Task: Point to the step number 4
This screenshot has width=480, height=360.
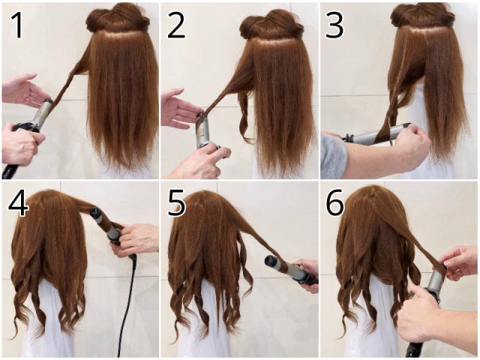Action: [x=18, y=204]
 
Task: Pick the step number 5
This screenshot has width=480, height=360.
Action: [x=176, y=205]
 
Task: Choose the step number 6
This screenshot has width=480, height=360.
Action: [x=335, y=205]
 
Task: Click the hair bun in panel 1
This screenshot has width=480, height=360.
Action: [x=118, y=18]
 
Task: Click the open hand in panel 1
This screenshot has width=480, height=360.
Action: [x=23, y=89]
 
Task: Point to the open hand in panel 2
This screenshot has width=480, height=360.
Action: [x=181, y=108]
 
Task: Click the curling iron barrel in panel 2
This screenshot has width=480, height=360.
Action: [x=202, y=130]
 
